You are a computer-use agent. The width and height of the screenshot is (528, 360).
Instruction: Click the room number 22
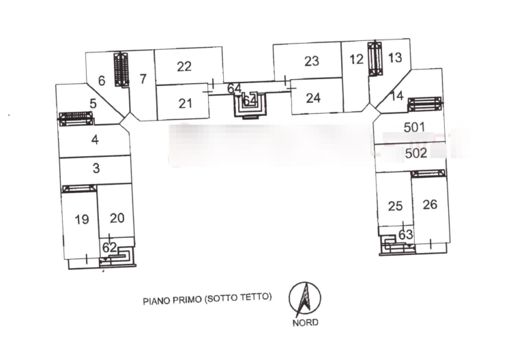[x=184, y=66]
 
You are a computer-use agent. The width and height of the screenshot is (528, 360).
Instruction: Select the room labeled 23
[x=312, y=61]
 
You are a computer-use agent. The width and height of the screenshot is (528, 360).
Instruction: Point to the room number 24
[x=313, y=97]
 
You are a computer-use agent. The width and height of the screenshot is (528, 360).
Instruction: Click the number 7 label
[x=143, y=78]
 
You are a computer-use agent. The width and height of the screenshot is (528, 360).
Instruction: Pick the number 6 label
[x=102, y=81]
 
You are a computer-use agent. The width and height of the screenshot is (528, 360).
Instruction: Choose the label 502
[x=415, y=153]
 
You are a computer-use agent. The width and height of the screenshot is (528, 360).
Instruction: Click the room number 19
[x=81, y=219]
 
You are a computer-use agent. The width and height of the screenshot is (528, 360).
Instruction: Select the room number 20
[x=117, y=218]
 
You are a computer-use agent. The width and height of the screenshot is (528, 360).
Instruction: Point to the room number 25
[x=395, y=206]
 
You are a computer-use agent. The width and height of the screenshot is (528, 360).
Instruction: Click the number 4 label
[x=96, y=140]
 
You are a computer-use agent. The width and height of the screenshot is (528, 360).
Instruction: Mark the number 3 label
[x=96, y=167]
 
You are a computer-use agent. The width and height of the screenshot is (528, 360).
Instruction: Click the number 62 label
[x=110, y=247]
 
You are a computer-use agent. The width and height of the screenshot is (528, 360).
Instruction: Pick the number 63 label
[x=405, y=235]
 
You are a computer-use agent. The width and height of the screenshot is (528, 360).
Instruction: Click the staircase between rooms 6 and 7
[x=121, y=70]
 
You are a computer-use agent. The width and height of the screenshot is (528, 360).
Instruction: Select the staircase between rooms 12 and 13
[x=375, y=59]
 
